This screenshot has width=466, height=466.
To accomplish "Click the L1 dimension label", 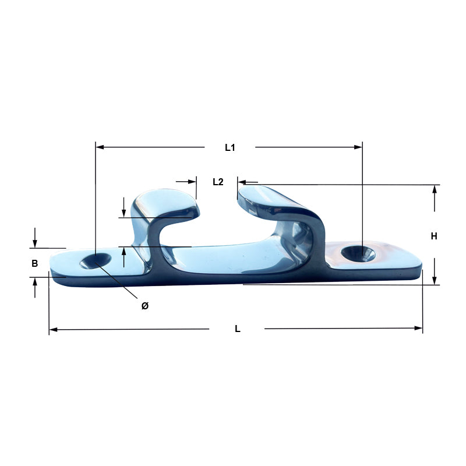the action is (x=230, y=147).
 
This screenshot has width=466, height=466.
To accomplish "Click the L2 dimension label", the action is (x=218, y=182).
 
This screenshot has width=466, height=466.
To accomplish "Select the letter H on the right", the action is (x=434, y=236).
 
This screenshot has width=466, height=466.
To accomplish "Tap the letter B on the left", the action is (x=35, y=263).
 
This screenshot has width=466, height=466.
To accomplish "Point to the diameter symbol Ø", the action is (x=144, y=306).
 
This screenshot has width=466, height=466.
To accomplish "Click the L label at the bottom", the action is (x=238, y=329).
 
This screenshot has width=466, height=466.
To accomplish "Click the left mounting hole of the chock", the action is (x=96, y=261).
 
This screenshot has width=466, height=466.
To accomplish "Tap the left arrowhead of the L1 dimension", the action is (x=100, y=147).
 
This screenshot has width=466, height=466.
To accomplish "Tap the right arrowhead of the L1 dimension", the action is (x=358, y=147).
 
